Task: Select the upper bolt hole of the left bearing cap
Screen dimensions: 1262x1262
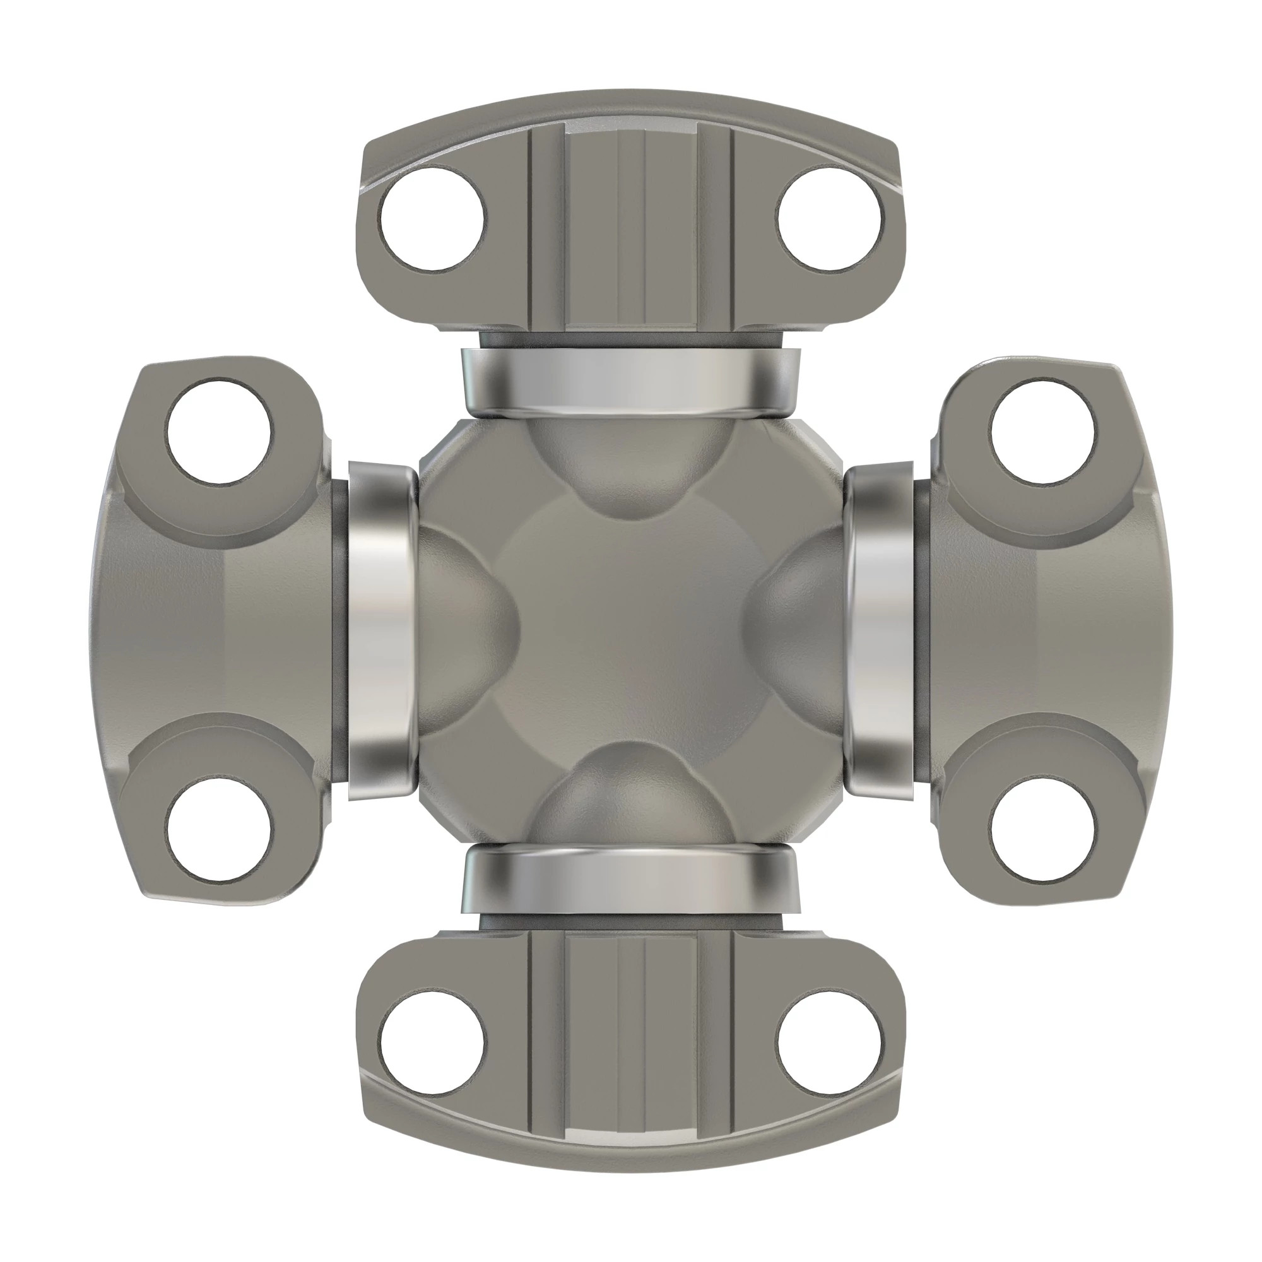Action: click(x=220, y=432)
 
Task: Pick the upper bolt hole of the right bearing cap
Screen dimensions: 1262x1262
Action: click(x=1043, y=432)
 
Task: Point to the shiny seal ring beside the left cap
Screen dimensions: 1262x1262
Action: click(x=381, y=631)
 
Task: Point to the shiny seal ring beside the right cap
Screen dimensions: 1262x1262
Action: click(x=880, y=631)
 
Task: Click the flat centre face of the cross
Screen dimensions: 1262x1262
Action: click(x=631, y=631)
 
